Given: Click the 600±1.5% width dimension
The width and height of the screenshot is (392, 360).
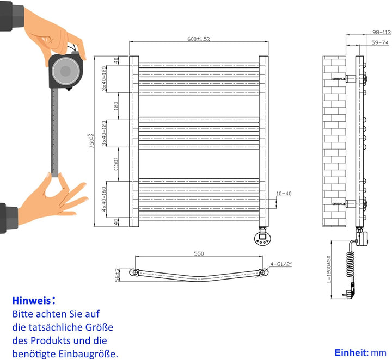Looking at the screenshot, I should (199, 39).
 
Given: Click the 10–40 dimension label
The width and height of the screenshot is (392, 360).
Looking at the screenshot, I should (284, 194).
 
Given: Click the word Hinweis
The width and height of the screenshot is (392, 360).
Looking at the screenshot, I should (30, 300).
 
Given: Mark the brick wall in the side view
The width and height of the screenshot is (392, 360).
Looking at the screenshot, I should (334, 141).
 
